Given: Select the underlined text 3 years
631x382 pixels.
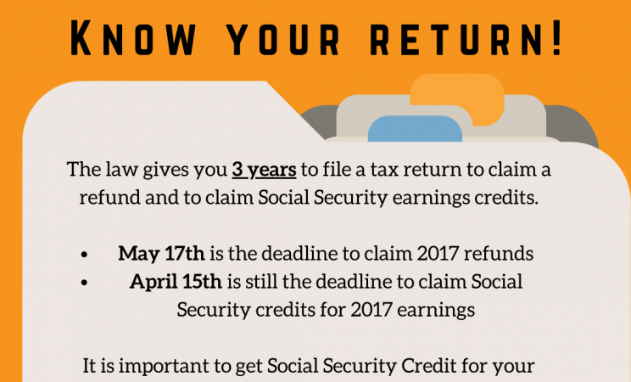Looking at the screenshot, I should coord(264,170).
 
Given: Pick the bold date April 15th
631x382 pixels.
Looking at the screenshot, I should coord(161,281).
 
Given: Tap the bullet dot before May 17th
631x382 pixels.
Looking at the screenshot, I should coord(85,255).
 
